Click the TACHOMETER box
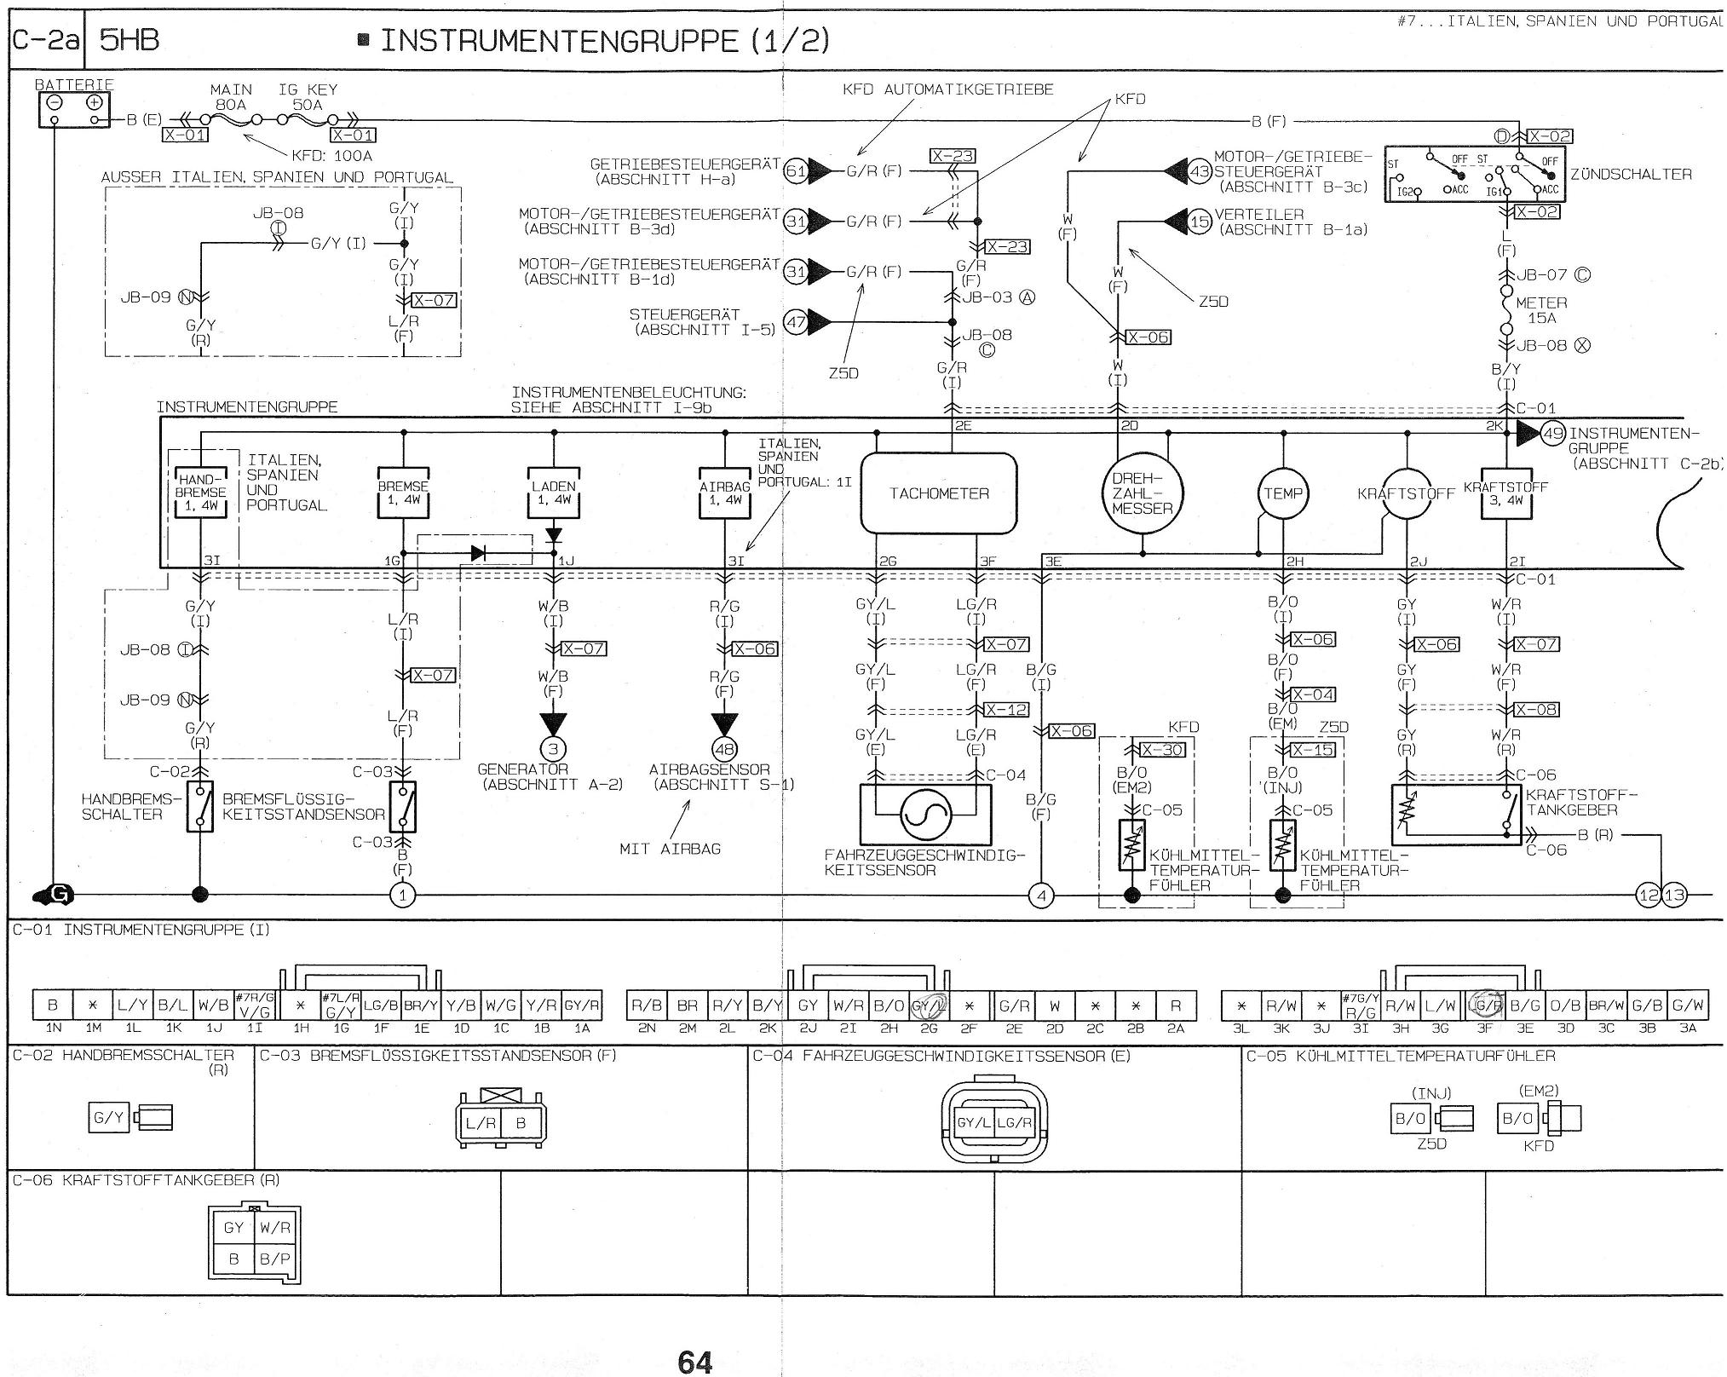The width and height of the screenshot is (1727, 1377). click(x=938, y=493)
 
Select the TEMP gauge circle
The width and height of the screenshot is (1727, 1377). click(x=1282, y=493)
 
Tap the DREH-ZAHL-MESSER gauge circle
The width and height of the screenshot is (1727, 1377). click(x=1142, y=493)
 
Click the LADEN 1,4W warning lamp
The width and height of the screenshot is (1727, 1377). click(x=554, y=493)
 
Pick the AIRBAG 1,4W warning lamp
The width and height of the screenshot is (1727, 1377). click(x=725, y=493)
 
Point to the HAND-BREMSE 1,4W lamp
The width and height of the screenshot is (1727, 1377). click(x=202, y=493)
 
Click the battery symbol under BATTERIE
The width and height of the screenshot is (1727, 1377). click(x=74, y=110)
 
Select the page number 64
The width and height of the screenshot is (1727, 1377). click(x=694, y=1362)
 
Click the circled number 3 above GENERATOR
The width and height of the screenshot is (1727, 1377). click(x=554, y=750)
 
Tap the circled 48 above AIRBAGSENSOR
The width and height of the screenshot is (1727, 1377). click(x=725, y=750)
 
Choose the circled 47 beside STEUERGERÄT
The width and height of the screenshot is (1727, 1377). click(x=796, y=323)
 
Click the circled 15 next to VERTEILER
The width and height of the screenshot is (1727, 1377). click(x=1200, y=222)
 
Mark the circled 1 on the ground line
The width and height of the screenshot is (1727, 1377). click(x=402, y=895)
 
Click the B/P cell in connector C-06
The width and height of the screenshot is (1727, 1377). click(x=274, y=1259)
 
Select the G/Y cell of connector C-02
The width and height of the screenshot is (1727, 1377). click(x=109, y=1117)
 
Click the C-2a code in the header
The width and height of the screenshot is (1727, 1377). click(x=46, y=40)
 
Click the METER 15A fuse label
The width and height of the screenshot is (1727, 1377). click(x=1541, y=310)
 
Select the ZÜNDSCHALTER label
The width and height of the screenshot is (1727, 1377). click(x=1631, y=175)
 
